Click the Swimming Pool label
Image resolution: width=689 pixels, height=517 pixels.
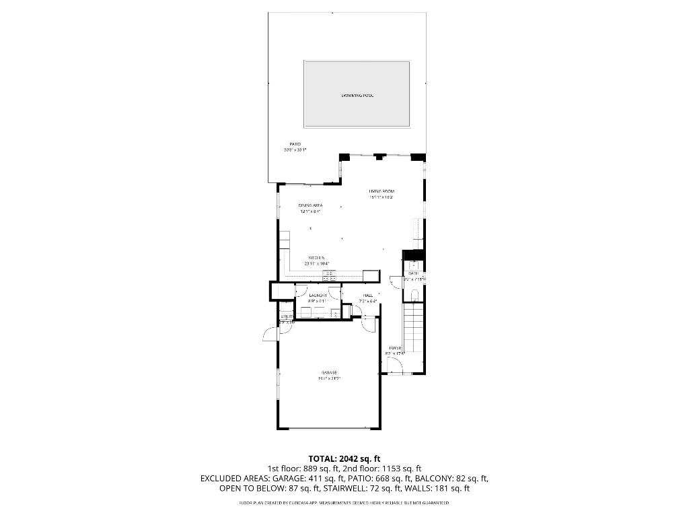(x=357, y=96)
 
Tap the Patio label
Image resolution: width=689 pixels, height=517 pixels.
(x=295, y=144)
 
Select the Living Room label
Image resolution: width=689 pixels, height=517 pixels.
(x=381, y=192)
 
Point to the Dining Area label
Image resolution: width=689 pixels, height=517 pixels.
(x=310, y=205)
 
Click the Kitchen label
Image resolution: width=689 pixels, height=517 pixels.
(x=317, y=258)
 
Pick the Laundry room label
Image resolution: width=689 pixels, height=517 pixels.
(x=318, y=296)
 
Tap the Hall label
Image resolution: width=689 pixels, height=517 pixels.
(x=367, y=296)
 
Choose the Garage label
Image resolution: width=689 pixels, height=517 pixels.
(x=328, y=372)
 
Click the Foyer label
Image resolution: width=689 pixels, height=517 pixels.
(x=394, y=347)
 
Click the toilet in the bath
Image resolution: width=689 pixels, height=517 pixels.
(x=414, y=294)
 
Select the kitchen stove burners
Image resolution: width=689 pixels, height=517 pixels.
(x=329, y=274)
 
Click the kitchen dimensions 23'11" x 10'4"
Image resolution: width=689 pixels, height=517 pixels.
(x=316, y=264)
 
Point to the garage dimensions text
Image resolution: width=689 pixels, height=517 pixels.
(x=330, y=378)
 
